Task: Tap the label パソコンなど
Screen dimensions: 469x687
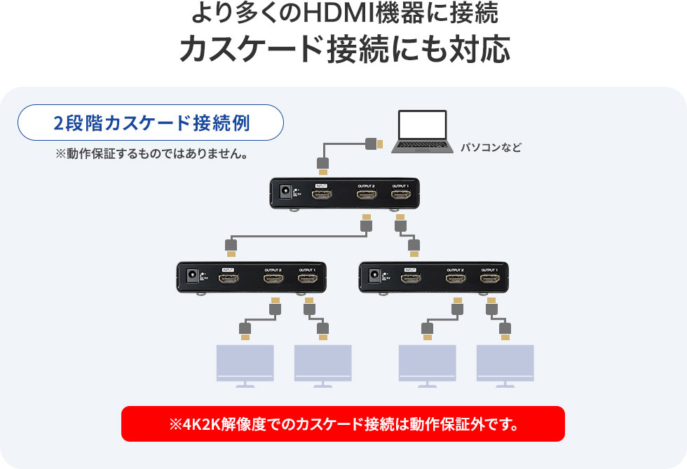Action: click(x=491, y=148)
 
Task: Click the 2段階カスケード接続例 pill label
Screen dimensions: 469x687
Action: click(x=151, y=123)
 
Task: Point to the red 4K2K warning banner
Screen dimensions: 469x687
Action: click(x=343, y=423)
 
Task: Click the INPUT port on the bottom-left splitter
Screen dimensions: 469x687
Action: click(x=227, y=279)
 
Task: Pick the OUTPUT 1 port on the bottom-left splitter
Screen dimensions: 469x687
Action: click(x=307, y=279)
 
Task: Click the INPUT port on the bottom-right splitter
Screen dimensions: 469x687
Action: click(x=411, y=279)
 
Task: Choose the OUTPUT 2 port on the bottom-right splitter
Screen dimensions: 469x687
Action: click(x=456, y=279)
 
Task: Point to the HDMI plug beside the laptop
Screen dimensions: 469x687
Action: click(x=374, y=144)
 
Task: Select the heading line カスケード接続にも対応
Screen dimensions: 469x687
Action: click(x=343, y=49)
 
